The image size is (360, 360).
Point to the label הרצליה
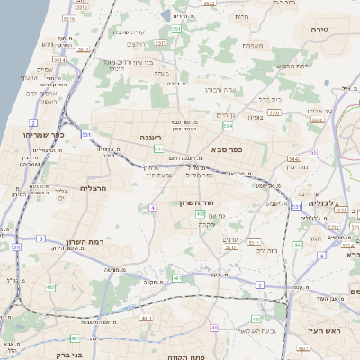coord(94,188)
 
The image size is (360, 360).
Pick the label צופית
coord(254,116)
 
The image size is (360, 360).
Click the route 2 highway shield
coord(33,121)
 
